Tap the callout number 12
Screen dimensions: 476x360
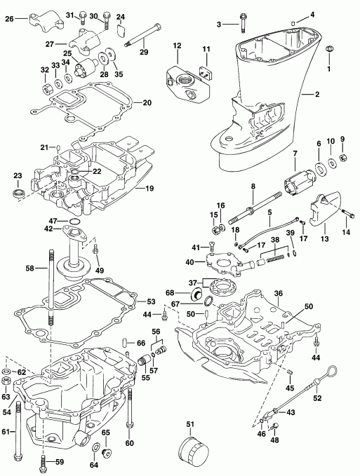[x=178, y=46]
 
